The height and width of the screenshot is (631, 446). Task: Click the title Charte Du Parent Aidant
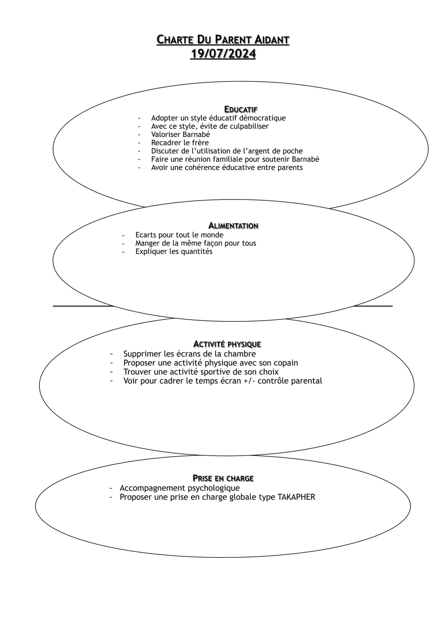point(223,40)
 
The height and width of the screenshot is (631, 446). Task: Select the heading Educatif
point(241,109)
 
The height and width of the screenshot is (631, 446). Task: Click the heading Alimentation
point(233,226)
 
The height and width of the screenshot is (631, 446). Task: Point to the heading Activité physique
point(227,344)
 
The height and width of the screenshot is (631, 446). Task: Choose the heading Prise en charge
point(223,478)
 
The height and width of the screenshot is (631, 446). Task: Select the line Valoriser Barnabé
point(181,134)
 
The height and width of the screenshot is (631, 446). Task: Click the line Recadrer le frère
point(180,143)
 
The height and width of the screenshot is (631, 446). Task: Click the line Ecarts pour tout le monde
point(179,235)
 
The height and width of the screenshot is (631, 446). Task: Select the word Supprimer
point(142,354)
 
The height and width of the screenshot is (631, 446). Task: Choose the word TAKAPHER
point(296,497)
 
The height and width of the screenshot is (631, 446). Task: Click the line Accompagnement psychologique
point(180,488)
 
